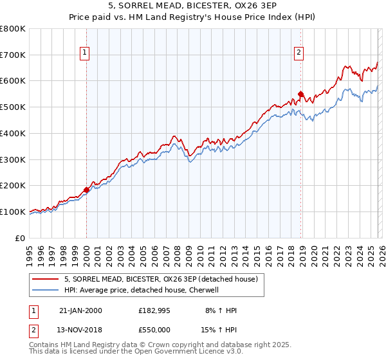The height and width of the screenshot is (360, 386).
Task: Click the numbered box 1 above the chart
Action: point(86,53)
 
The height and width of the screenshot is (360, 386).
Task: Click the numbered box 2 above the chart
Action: point(300,53)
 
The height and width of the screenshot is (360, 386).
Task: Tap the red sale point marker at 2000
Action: point(86,190)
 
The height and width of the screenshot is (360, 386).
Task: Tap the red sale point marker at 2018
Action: point(300,94)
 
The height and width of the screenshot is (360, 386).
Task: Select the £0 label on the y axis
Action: point(20,238)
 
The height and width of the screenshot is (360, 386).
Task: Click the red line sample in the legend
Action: point(46,279)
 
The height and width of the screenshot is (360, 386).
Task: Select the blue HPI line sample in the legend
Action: point(46,290)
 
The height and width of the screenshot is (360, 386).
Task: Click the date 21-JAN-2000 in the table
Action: point(80,310)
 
